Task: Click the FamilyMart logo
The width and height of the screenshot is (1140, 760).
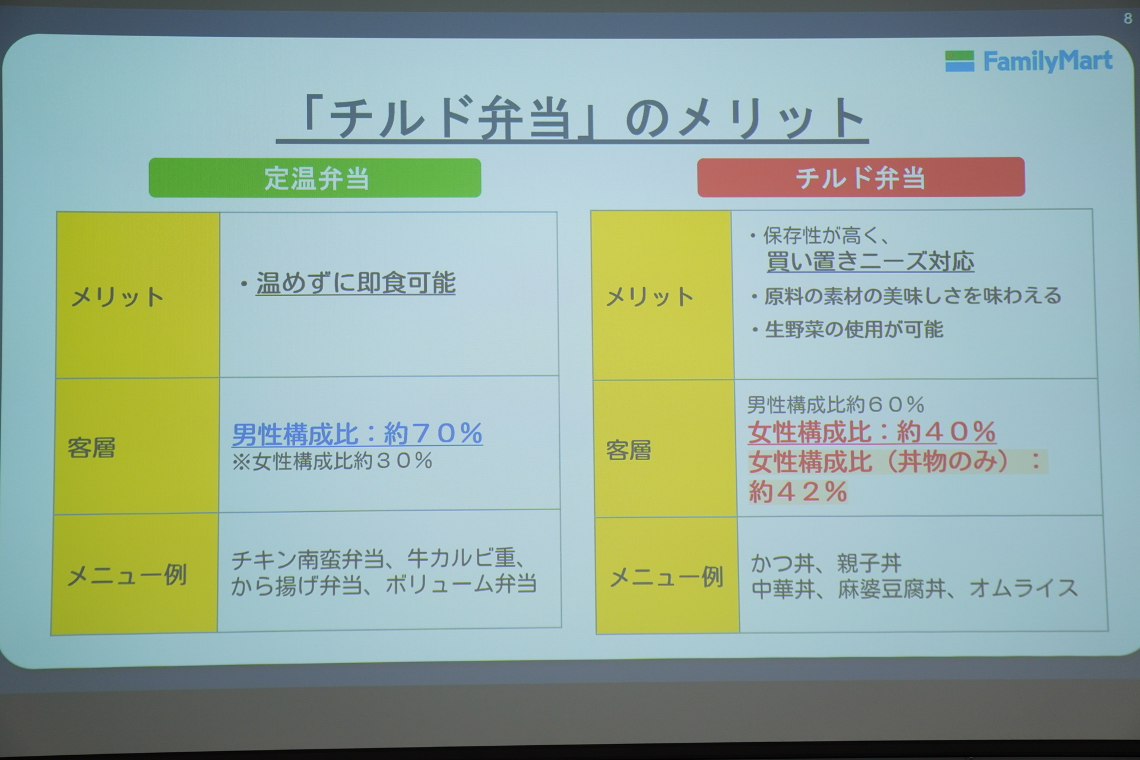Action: [x=1028, y=61]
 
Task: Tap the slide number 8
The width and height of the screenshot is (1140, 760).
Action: [x=1128, y=19]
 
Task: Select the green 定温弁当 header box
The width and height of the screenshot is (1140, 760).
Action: [x=315, y=178]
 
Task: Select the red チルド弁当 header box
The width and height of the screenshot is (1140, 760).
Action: [x=860, y=177]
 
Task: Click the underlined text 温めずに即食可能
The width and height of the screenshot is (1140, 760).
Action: [x=355, y=283]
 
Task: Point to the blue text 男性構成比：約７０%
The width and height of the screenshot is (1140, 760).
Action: [x=357, y=434]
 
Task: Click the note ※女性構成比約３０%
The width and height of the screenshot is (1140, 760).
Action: [x=332, y=461]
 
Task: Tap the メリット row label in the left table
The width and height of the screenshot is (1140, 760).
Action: [x=117, y=297]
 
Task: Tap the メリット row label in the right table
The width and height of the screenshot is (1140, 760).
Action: [x=650, y=297]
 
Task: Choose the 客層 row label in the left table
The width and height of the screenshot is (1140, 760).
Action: [x=91, y=448]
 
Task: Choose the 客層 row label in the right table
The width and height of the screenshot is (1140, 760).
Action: [x=629, y=451]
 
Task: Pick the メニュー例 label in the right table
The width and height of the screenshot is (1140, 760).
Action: [x=666, y=577]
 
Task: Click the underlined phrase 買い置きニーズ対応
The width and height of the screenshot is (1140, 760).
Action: [x=870, y=262]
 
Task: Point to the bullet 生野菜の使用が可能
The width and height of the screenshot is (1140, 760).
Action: [x=853, y=330]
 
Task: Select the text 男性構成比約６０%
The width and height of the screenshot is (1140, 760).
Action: [x=835, y=405]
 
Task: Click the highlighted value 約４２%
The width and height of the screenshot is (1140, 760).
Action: [x=797, y=492]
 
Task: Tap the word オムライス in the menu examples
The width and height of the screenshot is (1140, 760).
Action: [x=1024, y=588]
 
